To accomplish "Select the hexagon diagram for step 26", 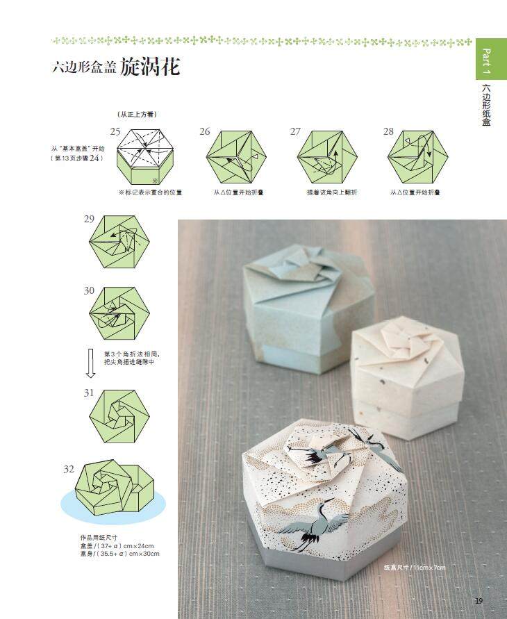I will click(236, 156).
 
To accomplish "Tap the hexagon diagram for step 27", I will click(327, 156).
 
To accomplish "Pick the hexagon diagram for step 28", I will click(417, 156).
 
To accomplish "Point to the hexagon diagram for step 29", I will click(119, 243).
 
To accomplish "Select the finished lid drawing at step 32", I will click(115, 490).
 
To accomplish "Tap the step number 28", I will click(388, 131).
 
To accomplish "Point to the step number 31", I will click(89, 393).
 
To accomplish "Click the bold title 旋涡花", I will click(150, 67).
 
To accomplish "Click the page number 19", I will click(479, 601).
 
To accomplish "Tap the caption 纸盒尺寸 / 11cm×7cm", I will click(415, 568).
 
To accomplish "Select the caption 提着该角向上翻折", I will click(331, 192).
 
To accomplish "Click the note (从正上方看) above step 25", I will click(136, 113).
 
